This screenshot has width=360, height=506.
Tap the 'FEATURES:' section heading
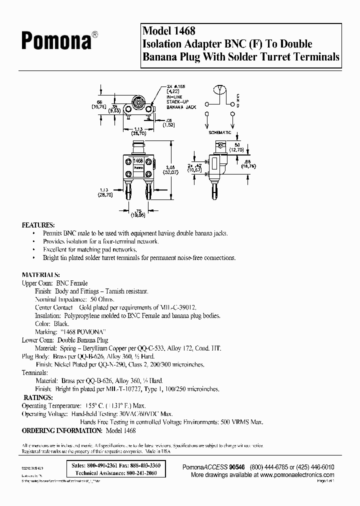click(x=38, y=225)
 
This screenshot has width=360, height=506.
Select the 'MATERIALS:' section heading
click(x=41, y=274)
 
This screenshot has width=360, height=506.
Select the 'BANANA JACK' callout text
click(x=181, y=107)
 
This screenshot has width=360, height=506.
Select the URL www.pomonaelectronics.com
click(x=297, y=474)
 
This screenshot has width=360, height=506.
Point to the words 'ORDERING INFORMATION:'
click(x=61, y=430)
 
